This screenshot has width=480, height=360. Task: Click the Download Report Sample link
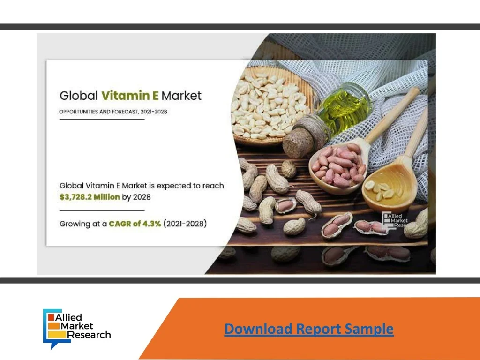(309, 329)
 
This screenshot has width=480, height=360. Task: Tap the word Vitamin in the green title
(126, 96)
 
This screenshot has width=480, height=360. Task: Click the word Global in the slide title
(79, 96)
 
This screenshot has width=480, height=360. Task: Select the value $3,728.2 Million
(90, 197)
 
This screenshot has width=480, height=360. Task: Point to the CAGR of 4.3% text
(135, 224)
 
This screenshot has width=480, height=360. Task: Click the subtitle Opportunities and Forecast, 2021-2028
(113, 112)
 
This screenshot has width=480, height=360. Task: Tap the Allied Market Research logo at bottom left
(77, 329)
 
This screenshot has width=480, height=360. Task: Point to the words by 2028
(136, 197)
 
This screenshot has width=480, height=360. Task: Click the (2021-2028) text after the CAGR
(185, 224)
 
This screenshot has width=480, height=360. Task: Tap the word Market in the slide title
(181, 96)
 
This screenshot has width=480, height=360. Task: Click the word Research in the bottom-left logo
(89, 335)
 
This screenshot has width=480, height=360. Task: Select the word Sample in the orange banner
(369, 329)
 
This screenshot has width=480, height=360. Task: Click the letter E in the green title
(156, 96)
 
